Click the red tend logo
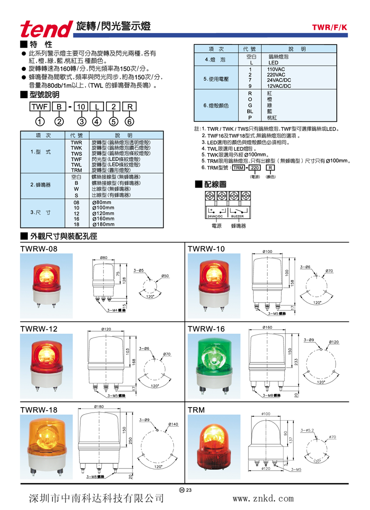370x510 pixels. tap(47, 29)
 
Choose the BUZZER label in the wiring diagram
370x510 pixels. tap(238, 216)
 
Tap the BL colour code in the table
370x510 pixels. tap(250, 112)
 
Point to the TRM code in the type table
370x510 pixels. tap(76, 170)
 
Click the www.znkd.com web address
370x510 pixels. tap(263, 498)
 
